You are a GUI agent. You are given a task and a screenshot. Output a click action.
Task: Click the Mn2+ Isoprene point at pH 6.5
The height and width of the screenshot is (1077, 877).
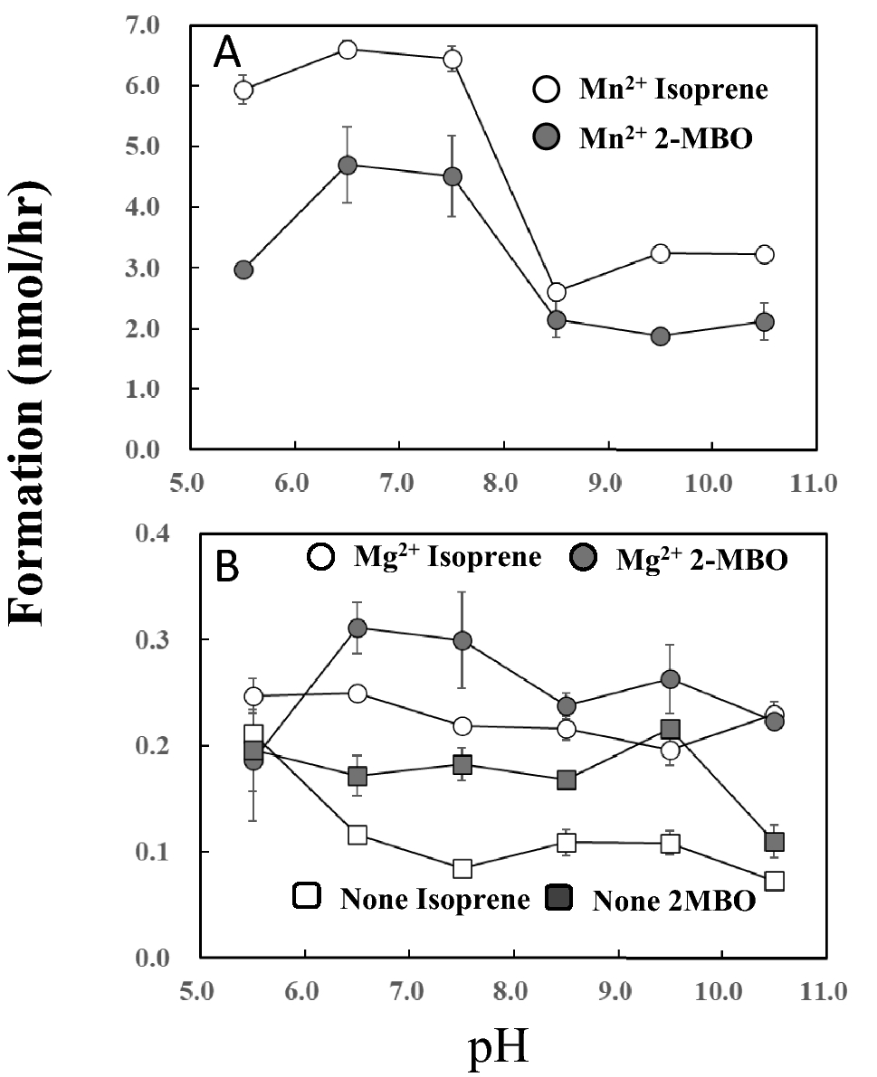(x=348, y=49)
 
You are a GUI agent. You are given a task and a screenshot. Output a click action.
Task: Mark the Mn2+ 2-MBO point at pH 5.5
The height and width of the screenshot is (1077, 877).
(x=243, y=269)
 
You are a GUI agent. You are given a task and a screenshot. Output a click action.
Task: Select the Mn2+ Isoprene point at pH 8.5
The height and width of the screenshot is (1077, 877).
(x=557, y=292)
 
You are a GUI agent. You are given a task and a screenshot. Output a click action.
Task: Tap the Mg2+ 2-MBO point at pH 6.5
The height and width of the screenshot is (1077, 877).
(x=358, y=628)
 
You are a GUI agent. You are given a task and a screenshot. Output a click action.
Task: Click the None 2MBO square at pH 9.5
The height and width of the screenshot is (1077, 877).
(x=671, y=730)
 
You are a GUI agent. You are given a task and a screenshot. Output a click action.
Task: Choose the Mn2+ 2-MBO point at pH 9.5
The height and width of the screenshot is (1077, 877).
(x=661, y=336)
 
